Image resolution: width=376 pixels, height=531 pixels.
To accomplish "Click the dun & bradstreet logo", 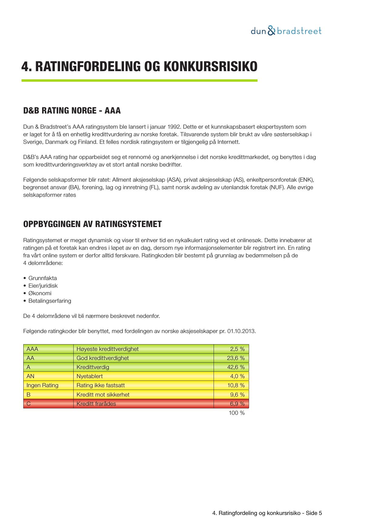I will (286, 31).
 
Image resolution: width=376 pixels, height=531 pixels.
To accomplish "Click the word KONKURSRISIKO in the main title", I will (210, 67).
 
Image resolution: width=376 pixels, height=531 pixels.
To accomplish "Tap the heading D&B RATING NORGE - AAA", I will (72, 111).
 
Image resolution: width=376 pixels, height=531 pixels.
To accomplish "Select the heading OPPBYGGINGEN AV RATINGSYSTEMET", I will (92, 224).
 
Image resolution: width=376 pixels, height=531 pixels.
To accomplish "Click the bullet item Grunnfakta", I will (42, 278).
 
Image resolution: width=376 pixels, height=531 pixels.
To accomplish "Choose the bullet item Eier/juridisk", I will (43, 286).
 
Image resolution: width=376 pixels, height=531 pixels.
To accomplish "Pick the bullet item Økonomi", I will (40, 293).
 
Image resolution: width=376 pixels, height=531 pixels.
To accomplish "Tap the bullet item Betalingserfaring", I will (50, 301).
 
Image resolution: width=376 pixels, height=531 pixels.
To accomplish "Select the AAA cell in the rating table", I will (32, 349).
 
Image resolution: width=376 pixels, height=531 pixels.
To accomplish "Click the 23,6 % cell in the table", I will (236, 358).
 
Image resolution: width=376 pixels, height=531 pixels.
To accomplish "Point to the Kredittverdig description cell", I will (93, 367).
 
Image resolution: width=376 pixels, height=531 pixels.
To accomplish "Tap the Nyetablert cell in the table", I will (89, 376).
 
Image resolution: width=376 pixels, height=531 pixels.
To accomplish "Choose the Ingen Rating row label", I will (42, 385).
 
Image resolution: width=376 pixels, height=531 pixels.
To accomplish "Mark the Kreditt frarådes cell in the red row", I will (96, 404).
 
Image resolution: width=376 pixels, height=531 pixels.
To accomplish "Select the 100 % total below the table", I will (237, 413).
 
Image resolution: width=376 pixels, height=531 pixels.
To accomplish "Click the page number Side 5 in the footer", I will (314, 513).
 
